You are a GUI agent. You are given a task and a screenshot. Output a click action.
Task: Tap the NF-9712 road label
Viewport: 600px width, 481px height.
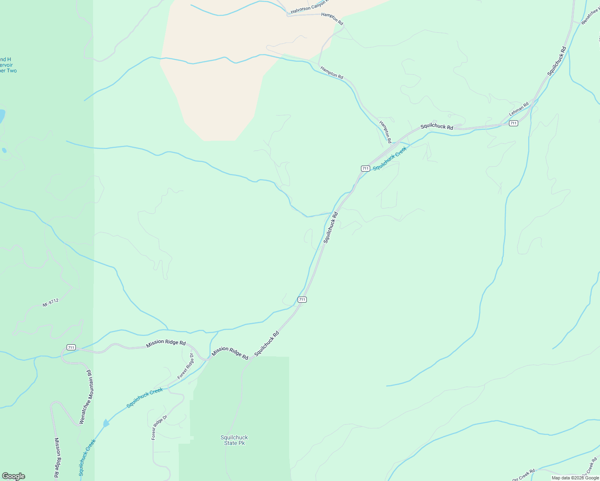(x=51, y=303)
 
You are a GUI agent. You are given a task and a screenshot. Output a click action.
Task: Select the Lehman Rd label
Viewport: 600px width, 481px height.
(x=519, y=109)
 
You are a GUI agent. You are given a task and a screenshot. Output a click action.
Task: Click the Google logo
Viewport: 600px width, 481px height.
(x=13, y=476)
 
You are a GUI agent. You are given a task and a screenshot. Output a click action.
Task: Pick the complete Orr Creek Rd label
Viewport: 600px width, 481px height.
(x=523, y=475)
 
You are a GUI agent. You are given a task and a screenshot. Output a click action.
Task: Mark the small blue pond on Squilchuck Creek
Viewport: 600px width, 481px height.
(x=106, y=423)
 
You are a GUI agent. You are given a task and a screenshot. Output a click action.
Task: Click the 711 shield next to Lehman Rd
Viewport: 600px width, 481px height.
(x=513, y=123)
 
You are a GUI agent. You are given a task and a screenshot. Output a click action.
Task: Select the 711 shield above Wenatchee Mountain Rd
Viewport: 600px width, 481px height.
(x=71, y=347)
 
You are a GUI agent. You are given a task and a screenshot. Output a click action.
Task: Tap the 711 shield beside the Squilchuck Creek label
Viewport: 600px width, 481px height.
(x=365, y=168)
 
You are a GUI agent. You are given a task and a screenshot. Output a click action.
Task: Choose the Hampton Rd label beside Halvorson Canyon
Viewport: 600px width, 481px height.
(x=332, y=19)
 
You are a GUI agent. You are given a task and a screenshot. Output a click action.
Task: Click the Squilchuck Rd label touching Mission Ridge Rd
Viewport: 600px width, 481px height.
(x=266, y=344)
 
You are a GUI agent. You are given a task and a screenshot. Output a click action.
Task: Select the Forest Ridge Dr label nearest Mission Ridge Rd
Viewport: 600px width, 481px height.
(x=186, y=366)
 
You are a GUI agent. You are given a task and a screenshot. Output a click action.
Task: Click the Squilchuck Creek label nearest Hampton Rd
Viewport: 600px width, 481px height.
(x=389, y=158)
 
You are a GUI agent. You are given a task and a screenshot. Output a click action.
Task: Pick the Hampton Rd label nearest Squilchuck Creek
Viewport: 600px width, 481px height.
(x=385, y=132)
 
